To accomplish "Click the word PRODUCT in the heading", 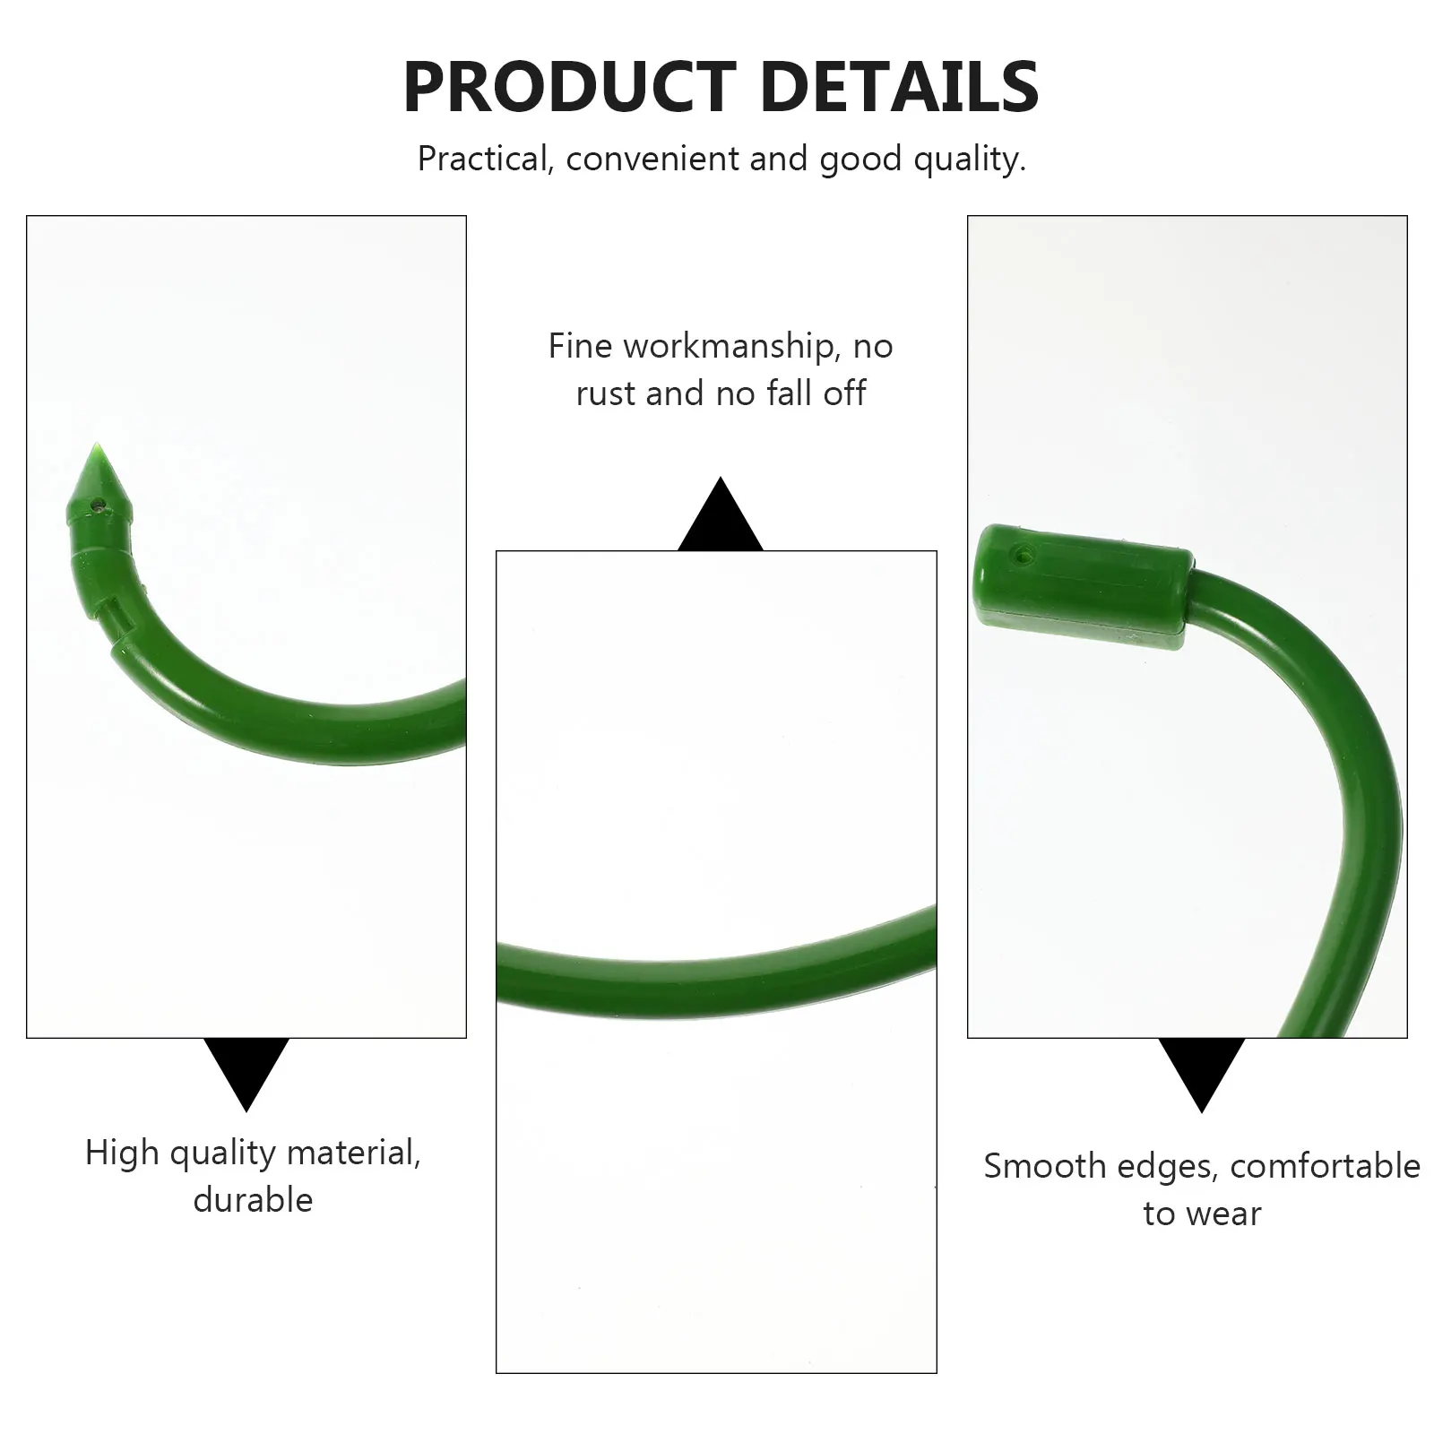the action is [570, 87].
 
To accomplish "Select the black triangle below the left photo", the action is [246, 1067].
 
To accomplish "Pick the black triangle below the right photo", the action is [1201, 1067].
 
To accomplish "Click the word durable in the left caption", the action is [253, 1200].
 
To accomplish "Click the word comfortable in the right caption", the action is [1325, 1166].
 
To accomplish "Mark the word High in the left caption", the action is [122, 1153].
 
